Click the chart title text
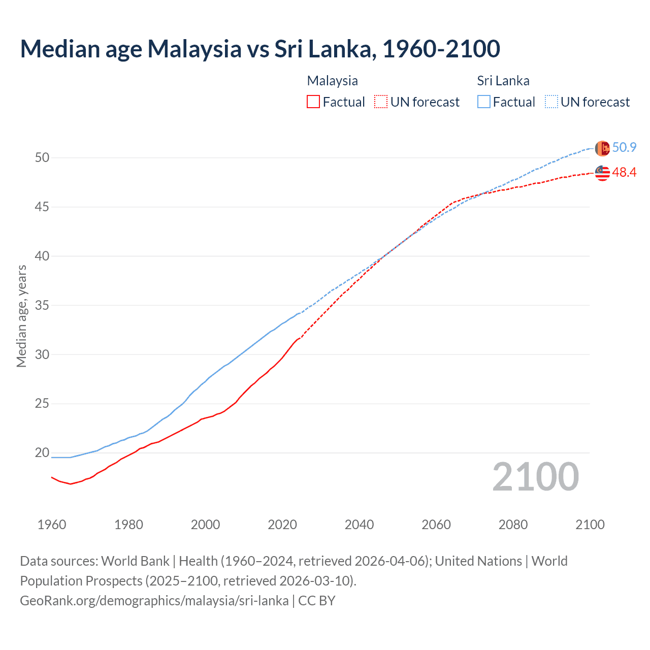pyautogui.click(x=260, y=49)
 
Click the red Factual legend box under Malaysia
pyautogui.click(x=313, y=102)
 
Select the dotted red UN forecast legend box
pyautogui.click(x=381, y=102)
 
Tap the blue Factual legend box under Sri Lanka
pyautogui.click(x=484, y=102)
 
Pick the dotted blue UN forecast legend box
pyautogui.click(x=551, y=102)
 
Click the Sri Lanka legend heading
pyautogui.click(x=503, y=81)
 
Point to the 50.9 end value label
pyautogui.click(x=624, y=148)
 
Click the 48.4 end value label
pyautogui.click(x=624, y=173)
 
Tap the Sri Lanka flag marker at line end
pyautogui.click(x=602, y=148)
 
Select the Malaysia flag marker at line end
pyautogui.click(x=602, y=173)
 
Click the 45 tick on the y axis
pyautogui.click(x=42, y=207)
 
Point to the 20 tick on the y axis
pyautogui.click(x=42, y=453)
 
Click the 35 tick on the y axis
pyautogui.click(x=42, y=306)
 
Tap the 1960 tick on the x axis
pyautogui.click(x=52, y=525)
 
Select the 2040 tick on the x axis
pyautogui.click(x=359, y=525)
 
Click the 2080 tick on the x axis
pyautogui.click(x=513, y=525)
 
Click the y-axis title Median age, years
pyautogui.click(x=21, y=316)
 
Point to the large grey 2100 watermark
pyautogui.click(x=535, y=477)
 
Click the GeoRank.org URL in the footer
pyautogui.click(x=154, y=601)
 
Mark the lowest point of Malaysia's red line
pyautogui.click(x=71, y=484)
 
